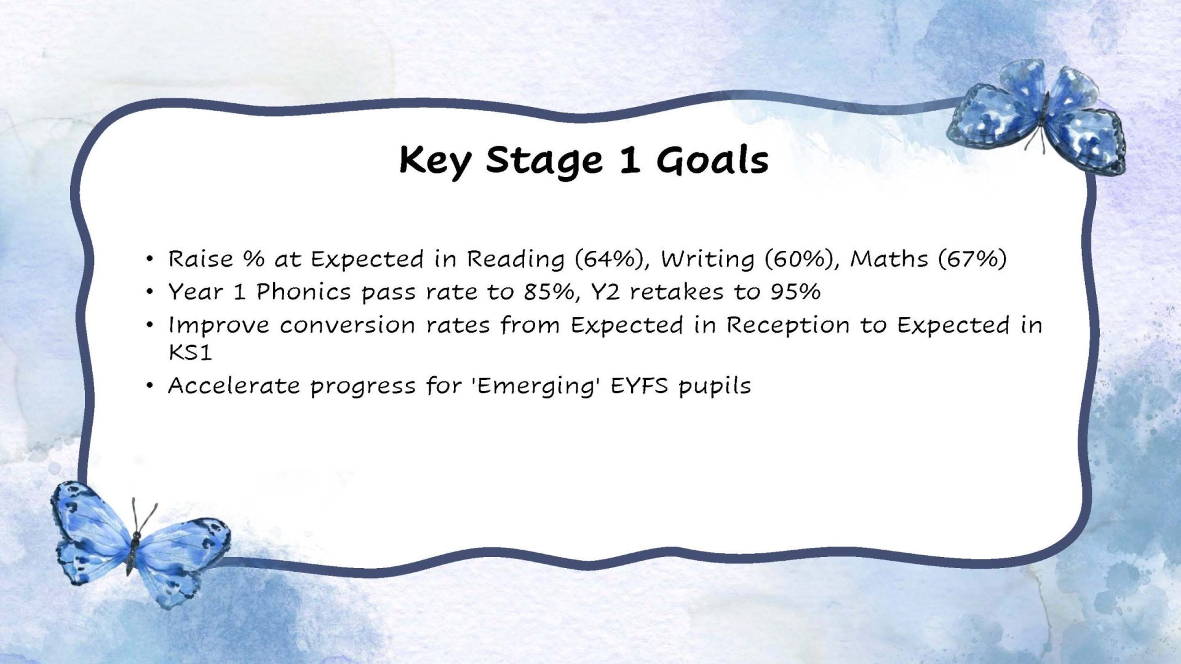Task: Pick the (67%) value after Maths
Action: pos(972,259)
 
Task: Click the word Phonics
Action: pos(303,292)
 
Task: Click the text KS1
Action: pos(190,352)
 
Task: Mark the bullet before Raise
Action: pos(149,259)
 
